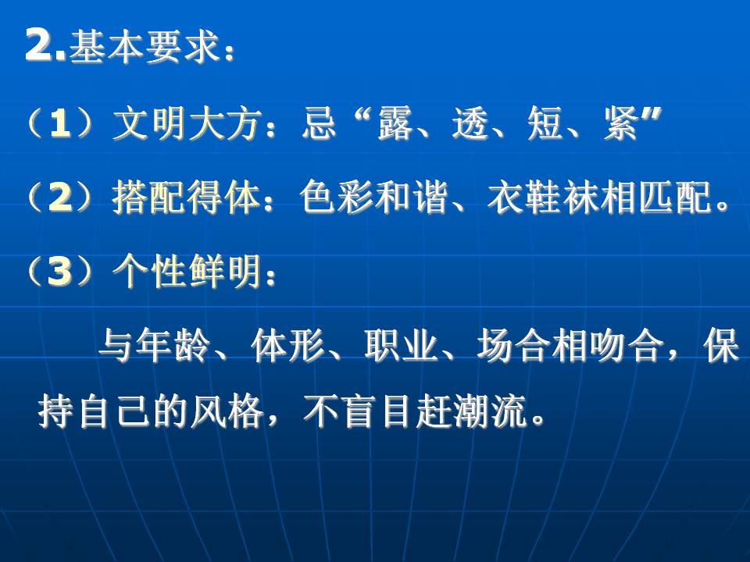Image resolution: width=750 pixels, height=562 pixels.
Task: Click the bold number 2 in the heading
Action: point(40,45)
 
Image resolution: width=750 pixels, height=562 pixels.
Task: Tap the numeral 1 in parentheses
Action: point(60,124)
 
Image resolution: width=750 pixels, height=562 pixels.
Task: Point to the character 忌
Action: point(319,124)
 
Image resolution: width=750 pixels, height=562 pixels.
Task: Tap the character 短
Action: point(545,124)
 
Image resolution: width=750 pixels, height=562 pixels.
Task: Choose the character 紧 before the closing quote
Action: point(620,124)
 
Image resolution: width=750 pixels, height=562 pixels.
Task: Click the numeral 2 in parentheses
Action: point(60,197)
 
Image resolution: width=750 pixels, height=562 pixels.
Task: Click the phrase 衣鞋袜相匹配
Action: point(600,197)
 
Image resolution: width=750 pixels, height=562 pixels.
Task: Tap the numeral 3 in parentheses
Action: point(60,272)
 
